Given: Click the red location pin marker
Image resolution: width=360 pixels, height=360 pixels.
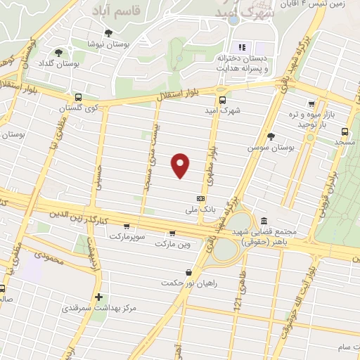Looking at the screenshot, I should tap(181, 165).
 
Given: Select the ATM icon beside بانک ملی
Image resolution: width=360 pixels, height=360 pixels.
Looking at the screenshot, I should tap(201, 199).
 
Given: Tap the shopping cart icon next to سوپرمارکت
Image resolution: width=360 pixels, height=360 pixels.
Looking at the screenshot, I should tap(126, 227).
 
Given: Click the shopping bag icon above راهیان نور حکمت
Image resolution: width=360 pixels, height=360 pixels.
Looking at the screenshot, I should tap(188, 272).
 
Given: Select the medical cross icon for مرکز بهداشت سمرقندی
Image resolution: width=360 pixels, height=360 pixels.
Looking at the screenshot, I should tap(99, 297).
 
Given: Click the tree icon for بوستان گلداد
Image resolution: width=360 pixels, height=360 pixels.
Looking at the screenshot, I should tap(58, 52).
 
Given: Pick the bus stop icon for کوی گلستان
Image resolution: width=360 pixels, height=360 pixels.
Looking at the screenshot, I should tap(77, 98).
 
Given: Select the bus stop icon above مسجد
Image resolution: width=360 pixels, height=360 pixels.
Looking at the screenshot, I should tap(345, 131).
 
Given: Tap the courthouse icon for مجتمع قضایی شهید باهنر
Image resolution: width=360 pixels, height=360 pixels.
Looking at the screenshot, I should tap(264, 221).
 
